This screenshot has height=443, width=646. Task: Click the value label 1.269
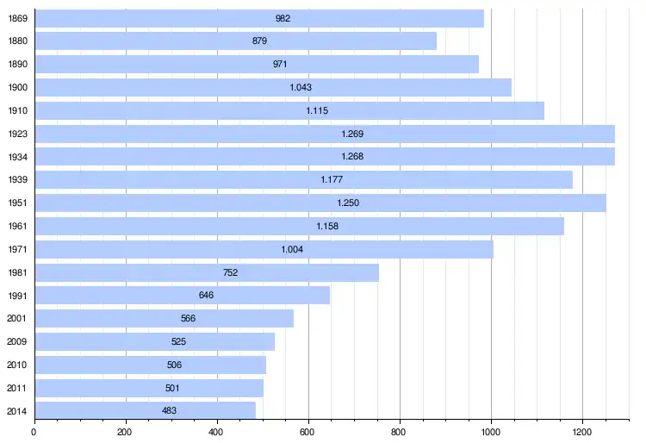point(352,134)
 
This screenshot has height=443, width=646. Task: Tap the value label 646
point(206,296)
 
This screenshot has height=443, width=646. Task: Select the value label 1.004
point(292,249)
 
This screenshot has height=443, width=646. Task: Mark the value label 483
point(170,410)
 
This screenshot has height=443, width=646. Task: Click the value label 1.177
point(332,180)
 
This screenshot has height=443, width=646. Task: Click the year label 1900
point(17,88)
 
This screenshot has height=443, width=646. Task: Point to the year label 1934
point(17,157)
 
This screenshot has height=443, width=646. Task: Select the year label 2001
point(17,319)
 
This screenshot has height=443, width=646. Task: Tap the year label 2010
point(17,365)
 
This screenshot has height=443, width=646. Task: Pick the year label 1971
point(17,249)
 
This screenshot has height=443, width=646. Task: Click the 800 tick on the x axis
point(400,432)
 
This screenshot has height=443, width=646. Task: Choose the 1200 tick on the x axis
point(582,432)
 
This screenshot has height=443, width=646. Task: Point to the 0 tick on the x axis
point(34,432)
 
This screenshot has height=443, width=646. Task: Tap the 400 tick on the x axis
point(217,432)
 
